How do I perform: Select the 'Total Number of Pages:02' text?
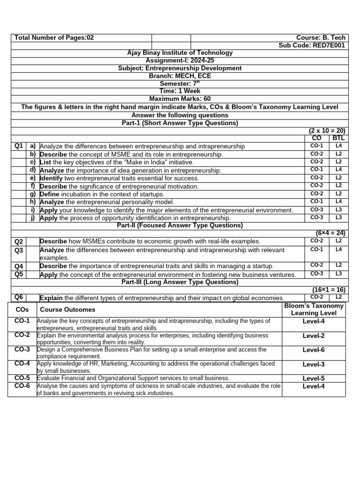tap(54, 37)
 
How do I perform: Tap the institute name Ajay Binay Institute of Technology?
tap(180, 53)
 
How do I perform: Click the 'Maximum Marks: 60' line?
tap(180, 99)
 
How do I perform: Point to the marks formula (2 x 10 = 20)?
tap(327, 131)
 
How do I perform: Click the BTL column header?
tap(338, 138)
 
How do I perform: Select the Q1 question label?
tap(19, 146)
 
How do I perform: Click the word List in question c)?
tap(46, 162)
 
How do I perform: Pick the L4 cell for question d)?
tap(338, 170)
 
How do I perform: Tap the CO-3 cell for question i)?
tap(317, 210)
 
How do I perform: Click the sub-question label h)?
tap(33, 202)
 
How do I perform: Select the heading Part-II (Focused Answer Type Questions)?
tap(180, 225)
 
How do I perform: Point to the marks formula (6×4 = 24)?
tap(330, 233)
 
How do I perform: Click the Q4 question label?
tap(19, 266)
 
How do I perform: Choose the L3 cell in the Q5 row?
tap(338, 274)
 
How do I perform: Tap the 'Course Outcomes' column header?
tap(67, 309)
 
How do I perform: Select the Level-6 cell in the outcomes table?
tap(314, 350)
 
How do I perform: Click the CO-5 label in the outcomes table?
tap(22, 378)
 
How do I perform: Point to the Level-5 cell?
tap(314, 378)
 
